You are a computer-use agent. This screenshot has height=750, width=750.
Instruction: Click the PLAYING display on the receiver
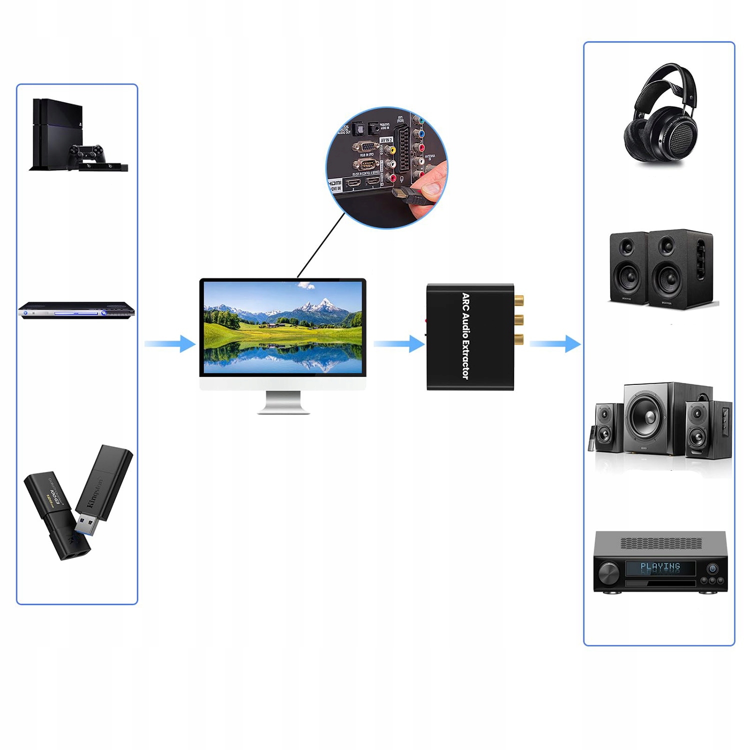click(660, 567)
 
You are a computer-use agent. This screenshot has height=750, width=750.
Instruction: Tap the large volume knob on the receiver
click(608, 572)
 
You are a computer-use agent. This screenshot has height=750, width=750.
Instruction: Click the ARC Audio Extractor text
click(465, 336)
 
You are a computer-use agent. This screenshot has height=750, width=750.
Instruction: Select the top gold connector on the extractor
click(518, 301)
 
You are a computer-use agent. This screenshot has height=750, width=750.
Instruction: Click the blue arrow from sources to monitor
click(170, 344)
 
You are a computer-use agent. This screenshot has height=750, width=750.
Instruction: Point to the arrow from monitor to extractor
click(399, 344)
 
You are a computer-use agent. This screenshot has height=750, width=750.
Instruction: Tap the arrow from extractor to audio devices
click(555, 344)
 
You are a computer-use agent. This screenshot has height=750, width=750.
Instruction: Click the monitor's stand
click(283, 402)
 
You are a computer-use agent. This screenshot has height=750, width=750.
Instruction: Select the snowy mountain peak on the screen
click(326, 303)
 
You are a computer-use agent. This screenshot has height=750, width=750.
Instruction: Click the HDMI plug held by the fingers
click(406, 195)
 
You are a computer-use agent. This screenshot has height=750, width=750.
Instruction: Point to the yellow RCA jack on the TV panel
click(391, 149)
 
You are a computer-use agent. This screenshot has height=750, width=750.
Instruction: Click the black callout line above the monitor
click(321, 245)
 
